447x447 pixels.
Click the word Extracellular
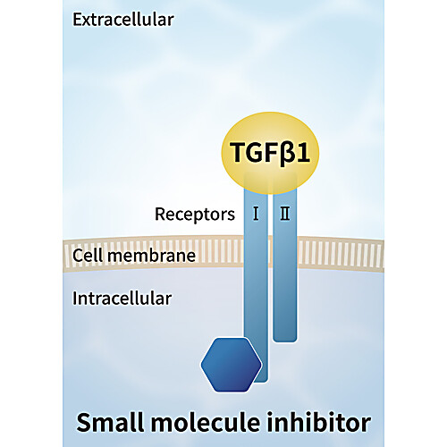click(x=123, y=20)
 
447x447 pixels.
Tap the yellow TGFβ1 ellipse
click(x=270, y=153)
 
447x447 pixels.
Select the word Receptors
click(x=195, y=215)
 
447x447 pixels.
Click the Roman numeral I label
click(x=256, y=214)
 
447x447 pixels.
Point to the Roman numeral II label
click(x=285, y=214)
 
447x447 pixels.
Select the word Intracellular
click(x=122, y=299)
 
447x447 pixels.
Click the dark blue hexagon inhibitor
click(x=232, y=365)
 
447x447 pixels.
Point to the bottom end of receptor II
click(x=285, y=341)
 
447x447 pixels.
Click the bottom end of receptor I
click(x=262, y=381)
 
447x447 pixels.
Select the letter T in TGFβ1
click(x=239, y=152)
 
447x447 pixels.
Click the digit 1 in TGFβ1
click(x=303, y=152)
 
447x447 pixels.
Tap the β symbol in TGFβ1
click(x=287, y=154)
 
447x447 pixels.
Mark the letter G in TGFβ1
click(x=256, y=152)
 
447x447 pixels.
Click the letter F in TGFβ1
click(x=273, y=152)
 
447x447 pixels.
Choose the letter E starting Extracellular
click(x=77, y=20)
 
